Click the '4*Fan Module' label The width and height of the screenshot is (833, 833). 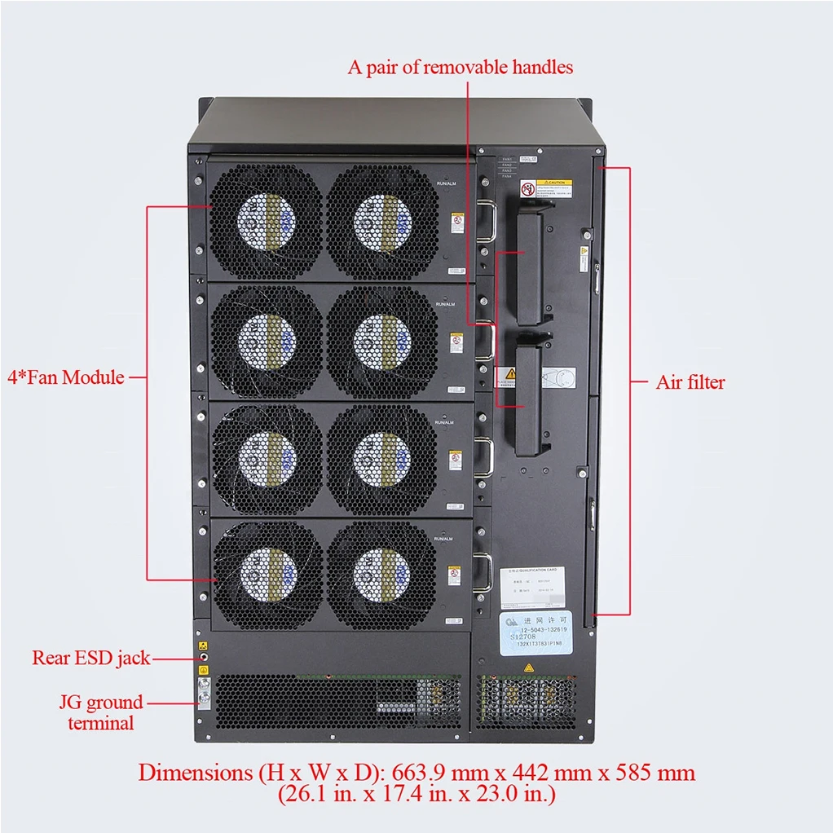coord(66,377)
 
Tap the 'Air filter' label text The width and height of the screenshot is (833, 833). coord(690,382)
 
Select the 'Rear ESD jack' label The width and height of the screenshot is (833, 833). coord(90,657)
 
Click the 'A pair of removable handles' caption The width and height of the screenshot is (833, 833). coord(460,67)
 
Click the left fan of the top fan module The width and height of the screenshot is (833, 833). coord(267,222)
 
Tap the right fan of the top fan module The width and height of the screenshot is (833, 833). coord(382,222)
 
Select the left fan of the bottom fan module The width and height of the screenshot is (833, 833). coord(267,575)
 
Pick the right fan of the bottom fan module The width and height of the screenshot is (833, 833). coord(382,575)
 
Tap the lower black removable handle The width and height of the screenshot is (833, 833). coord(530,399)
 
